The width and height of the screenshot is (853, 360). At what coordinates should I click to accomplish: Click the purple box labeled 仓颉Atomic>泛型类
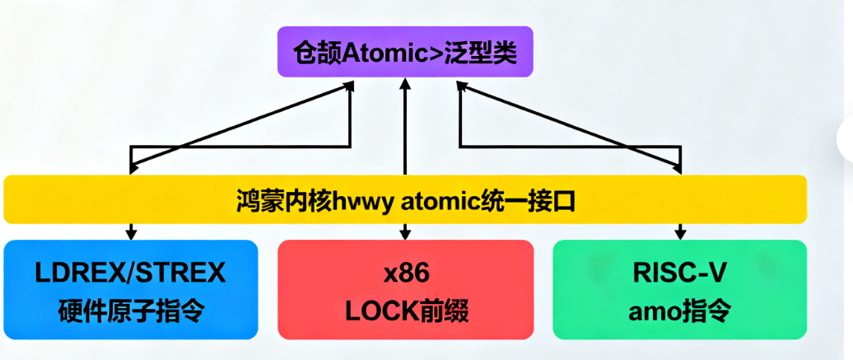pos(404,52)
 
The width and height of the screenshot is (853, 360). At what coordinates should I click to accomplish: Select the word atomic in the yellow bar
pos(434,199)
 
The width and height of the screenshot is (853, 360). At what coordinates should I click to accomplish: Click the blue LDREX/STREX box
pos(131,289)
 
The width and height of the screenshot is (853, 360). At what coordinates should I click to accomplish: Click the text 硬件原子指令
pos(131,311)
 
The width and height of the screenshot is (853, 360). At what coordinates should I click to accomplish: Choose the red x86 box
pos(405,289)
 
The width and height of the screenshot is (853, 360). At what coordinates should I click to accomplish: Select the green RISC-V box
pos(679,289)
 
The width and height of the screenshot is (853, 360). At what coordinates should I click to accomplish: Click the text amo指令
pos(679,311)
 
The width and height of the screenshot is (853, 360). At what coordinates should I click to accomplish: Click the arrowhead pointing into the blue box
pos(131,235)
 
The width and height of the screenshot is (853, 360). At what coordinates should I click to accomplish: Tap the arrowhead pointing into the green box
pos(679,235)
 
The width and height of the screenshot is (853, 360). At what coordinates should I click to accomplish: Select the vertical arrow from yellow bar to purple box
pos(405,128)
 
